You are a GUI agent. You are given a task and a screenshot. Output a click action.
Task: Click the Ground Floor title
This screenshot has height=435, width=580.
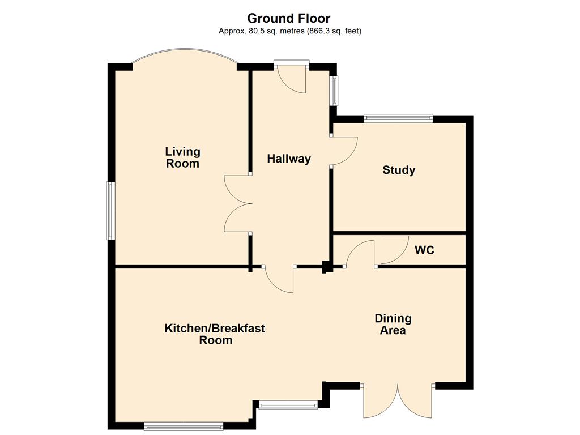point(288,18)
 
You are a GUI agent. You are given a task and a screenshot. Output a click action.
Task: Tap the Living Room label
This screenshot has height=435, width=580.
point(183,157)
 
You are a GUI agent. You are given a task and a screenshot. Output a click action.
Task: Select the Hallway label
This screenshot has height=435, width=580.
point(289,159)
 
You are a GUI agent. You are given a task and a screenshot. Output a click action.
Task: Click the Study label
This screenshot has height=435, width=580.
point(399,170)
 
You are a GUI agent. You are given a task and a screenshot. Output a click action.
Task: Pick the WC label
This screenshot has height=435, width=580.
point(424,250)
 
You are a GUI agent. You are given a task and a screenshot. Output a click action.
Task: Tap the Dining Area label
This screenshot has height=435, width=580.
point(393,325)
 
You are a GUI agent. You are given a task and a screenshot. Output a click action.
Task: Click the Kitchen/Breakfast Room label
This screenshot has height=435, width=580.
point(215,334)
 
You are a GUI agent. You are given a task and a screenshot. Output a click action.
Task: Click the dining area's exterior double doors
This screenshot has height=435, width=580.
point(398,401)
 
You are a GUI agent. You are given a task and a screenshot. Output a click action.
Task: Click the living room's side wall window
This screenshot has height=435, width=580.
point(110,211)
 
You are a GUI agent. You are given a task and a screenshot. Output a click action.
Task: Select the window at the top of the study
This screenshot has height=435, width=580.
point(398,118)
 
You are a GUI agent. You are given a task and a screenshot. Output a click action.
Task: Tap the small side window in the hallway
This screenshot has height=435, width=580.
point(334,90)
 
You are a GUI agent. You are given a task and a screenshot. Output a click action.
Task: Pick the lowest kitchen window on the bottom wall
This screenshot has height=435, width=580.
point(184,427)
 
